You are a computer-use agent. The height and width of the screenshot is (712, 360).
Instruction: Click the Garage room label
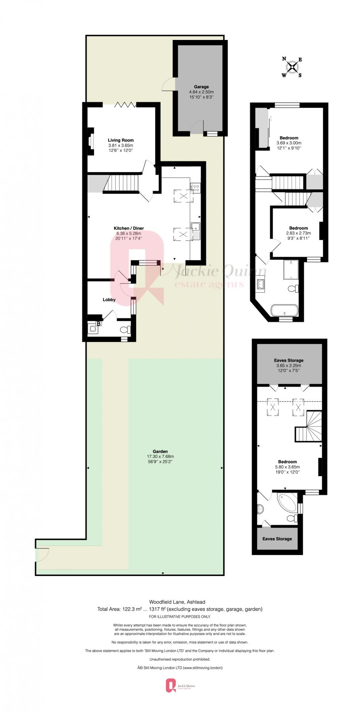(x=201, y=87)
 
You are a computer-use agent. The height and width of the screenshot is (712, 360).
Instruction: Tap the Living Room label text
(x=121, y=140)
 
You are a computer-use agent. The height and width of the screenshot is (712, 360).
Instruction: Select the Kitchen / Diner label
(x=129, y=228)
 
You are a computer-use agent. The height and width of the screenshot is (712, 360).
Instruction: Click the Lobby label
(x=109, y=299)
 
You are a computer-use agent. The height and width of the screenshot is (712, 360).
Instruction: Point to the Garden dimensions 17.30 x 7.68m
(x=160, y=456)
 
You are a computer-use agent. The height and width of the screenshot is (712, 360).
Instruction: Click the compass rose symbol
(x=292, y=67)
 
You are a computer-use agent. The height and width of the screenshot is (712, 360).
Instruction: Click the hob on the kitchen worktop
(x=195, y=188)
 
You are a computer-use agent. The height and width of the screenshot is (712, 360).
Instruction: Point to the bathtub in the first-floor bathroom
(x=284, y=310)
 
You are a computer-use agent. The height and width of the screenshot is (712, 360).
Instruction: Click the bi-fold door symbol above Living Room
(x=125, y=104)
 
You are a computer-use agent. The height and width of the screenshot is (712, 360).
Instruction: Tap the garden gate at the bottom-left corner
(x=42, y=555)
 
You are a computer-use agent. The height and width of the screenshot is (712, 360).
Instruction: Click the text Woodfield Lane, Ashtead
(x=177, y=602)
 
